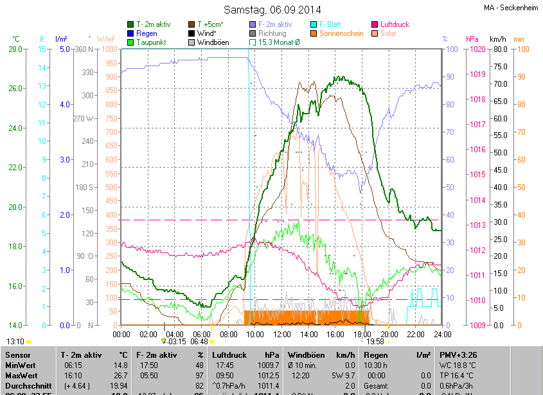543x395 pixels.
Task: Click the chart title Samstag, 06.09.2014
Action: tap(272, 10)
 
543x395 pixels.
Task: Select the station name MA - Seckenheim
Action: tap(510, 8)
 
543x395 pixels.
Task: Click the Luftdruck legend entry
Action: tap(394, 24)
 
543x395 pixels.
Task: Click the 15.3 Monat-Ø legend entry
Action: tap(282, 42)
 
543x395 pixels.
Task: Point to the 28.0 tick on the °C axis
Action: tap(15, 49)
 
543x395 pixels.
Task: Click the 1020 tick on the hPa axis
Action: tap(476, 49)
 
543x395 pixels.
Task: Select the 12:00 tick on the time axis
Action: tap(281, 334)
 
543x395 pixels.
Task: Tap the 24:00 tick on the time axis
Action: tap(441, 334)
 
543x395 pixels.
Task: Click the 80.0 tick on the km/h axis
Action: tap(499, 49)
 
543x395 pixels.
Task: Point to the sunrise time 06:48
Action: tap(199, 342)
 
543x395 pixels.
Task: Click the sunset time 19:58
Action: tap(376, 342)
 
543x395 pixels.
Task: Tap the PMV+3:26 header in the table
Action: tap(458, 355)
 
